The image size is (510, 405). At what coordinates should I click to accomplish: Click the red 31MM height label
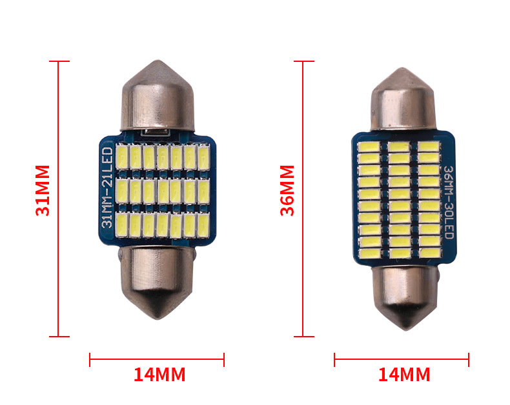(x=43, y=190)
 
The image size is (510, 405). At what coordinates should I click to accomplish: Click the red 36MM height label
(x=287, y=190)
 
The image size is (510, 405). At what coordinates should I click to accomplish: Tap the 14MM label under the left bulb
(x=159, y=375)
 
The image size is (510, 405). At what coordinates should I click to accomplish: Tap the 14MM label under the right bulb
(x=404, y=375)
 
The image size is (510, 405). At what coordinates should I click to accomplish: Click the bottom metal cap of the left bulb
(x=158, y=282)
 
